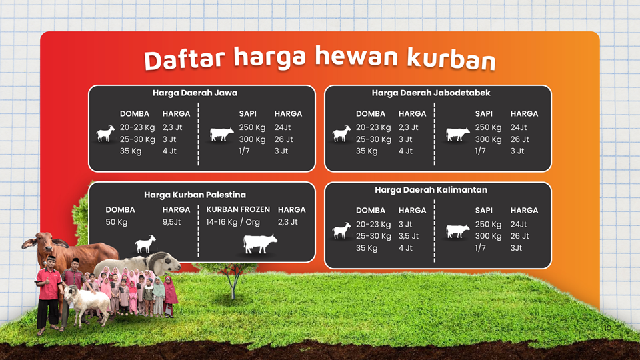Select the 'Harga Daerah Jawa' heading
tap(195, 93)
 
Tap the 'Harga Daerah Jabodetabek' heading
tap(431, 93)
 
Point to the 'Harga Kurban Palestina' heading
tap(195, 195)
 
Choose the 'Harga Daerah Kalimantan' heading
tap(431, 190)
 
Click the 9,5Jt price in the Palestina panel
tap(171, 222)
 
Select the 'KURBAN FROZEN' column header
tap(238, 209)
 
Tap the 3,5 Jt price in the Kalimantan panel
tap(409, 236)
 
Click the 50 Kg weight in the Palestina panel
tap(116, 222)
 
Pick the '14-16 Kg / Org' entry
tap(233, 222)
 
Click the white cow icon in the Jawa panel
tap(221, 134)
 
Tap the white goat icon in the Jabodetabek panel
tap(341, 134)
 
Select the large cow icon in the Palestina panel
tap(260, 244)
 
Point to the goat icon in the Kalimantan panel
tap(341, 230)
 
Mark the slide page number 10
tap(607, 328)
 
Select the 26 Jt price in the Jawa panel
tap(283, 139)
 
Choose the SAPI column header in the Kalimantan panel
tap(484, 210)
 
